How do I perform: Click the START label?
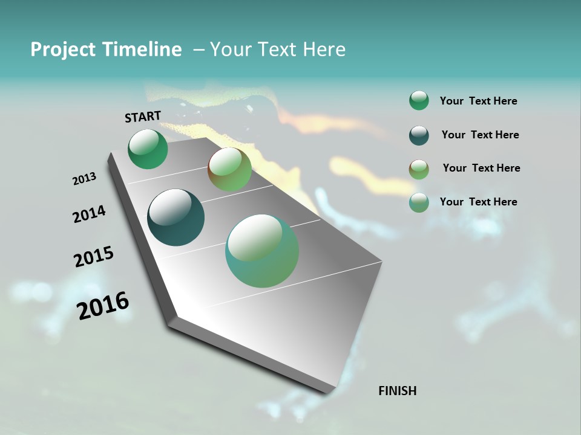pyautogui.click(x=143, y=117)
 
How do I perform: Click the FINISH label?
pyautogui.click(x=398, y=391)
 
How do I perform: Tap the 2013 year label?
pyautogui.click(x=84, y=179)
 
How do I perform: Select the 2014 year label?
pyautogui.click(x=89, y=214)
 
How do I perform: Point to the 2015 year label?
pyautogui.click(x=94, y=257)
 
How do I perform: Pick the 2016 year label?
pyautogui.click(x=103, y=306)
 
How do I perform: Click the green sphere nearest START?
pyautogui.click(x=148, y=149)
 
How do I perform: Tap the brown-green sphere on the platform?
pyautogui.click(x=229, y=170)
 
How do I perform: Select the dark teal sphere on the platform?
pyautogui.click(x=176, y=217)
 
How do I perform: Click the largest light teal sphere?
pyautogui.click(x=262, y=251)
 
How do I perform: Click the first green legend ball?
pyautogui.click(x=419, y=100)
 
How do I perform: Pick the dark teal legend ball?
pyautogui.click(x=419, y=135)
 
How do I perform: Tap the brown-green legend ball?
pyautogui.click(x=419, y=169)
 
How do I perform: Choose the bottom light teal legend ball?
pyautogui.click(x=419, y=202)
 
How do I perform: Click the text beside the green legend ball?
pyautogui.click(x=478, y=101)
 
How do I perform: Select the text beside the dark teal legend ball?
pyautogui.click(x=480, y=135)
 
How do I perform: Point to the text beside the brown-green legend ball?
pyautogui.click(x=481, y=168)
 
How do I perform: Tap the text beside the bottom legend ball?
pyautogui.click(x=478, y=202)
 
